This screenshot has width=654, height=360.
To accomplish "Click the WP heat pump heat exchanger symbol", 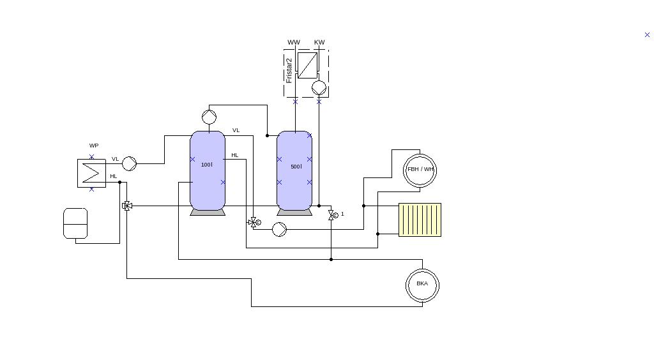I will coord(91,173).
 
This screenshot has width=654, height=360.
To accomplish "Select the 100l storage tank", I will coord(208,170).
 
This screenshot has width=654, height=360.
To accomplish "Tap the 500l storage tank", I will coord(294,170).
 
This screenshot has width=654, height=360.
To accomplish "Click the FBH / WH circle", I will coord(420,170).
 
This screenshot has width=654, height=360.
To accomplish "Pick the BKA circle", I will coord(422,284).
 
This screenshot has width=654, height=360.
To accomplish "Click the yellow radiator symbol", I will coord(420,220).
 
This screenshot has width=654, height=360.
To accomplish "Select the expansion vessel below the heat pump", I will coord(75,223).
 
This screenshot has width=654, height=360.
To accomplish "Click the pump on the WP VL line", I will coord(129,163).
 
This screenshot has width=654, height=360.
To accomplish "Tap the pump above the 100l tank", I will coord(209,117).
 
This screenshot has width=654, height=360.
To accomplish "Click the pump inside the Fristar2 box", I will coord(319,87).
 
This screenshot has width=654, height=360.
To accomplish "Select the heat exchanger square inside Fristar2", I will coord(307,65).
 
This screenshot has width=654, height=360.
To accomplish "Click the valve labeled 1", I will coord(331,216).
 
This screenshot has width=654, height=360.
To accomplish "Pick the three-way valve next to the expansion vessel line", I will coord(127,206).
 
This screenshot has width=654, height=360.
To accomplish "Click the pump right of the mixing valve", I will coord(279,229).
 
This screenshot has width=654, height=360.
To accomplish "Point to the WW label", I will coord(294,43).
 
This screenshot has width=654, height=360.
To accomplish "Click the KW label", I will coord(319,43).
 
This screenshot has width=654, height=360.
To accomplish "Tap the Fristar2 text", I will coord(289,70).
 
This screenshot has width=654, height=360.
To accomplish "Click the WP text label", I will coord(94,146).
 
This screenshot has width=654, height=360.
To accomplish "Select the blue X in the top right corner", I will coord(647,35).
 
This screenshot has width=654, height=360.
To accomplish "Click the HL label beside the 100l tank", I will coord(235,155).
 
